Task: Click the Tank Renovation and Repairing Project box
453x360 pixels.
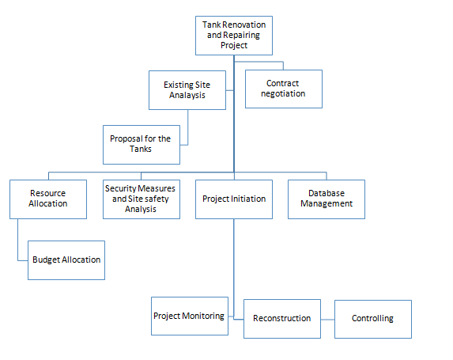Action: coord(234,36)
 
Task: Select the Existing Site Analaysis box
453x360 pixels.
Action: coord(187,89)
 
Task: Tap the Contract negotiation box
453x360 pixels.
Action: coord(284,89)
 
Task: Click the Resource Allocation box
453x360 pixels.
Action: coord(47,199)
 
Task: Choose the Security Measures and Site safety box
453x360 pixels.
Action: coord(142,199)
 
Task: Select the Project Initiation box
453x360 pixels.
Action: coord(234,199)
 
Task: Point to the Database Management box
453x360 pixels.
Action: coord(326,199)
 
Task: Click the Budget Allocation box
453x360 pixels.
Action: coord(66,260)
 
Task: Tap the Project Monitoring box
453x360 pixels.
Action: coord(188,316)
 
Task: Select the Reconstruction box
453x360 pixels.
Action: coord(282,319)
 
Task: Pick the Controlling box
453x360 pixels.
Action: coord(372,319)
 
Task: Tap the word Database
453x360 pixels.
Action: coord(326,193)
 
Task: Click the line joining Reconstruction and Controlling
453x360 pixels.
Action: coord(327,319)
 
